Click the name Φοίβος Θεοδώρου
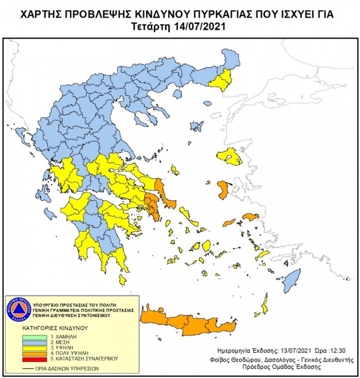click(234, 360)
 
